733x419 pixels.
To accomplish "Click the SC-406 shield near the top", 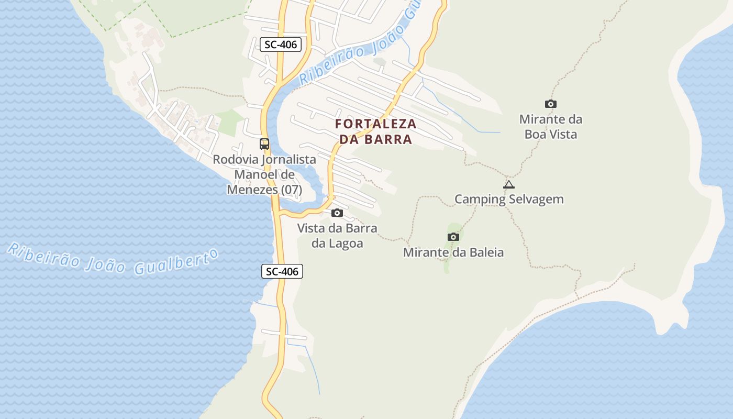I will (x=281, y=45).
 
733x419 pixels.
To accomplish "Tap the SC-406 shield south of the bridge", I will (x=282, y=271).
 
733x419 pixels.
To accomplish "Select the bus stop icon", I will (x=264, y=144).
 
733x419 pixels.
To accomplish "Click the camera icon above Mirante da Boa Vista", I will (x=550, y=104).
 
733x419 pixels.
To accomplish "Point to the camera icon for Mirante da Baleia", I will (x=453, y=237).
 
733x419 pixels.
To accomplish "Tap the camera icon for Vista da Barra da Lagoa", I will (x=337, y=213).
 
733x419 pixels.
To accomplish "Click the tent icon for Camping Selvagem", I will (x=508, y=184).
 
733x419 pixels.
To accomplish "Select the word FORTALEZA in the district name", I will (x=376, y=124).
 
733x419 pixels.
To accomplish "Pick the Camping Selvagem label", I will (x=509, y=199).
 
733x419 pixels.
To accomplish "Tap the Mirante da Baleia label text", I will (x=453, y=252).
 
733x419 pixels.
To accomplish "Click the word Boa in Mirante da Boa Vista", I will (x=537, y=134).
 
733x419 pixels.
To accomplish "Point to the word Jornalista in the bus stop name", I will (x=288, y=159).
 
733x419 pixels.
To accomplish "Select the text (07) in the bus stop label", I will (x=292, y=190).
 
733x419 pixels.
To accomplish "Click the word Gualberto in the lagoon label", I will (x=175, y=262).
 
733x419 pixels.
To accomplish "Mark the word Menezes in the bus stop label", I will (x=252, y=190).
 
